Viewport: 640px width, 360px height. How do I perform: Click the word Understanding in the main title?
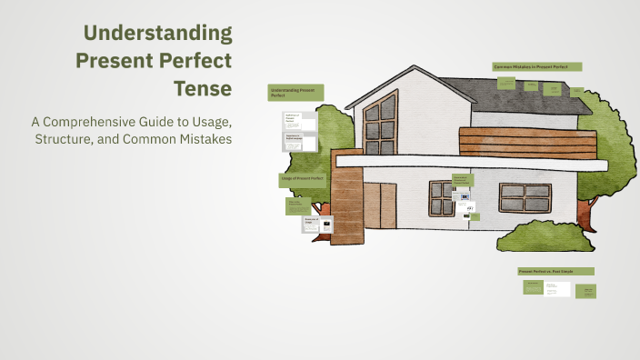click(157, 35)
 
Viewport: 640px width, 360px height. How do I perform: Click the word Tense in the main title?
click(202, 89)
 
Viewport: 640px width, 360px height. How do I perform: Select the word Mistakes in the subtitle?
click(202, 139)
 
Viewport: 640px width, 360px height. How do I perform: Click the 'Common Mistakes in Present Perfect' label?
click(536, 66)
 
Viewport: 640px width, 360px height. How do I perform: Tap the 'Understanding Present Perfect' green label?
click(295, 92)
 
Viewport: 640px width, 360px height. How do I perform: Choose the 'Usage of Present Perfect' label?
click(302, 180)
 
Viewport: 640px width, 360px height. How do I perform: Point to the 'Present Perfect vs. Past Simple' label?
click(555, 271)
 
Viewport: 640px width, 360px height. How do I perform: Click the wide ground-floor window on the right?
click(525, 192)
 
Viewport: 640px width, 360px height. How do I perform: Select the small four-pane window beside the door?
click(441, 192)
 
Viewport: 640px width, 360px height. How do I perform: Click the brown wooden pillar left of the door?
click(346, 205)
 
